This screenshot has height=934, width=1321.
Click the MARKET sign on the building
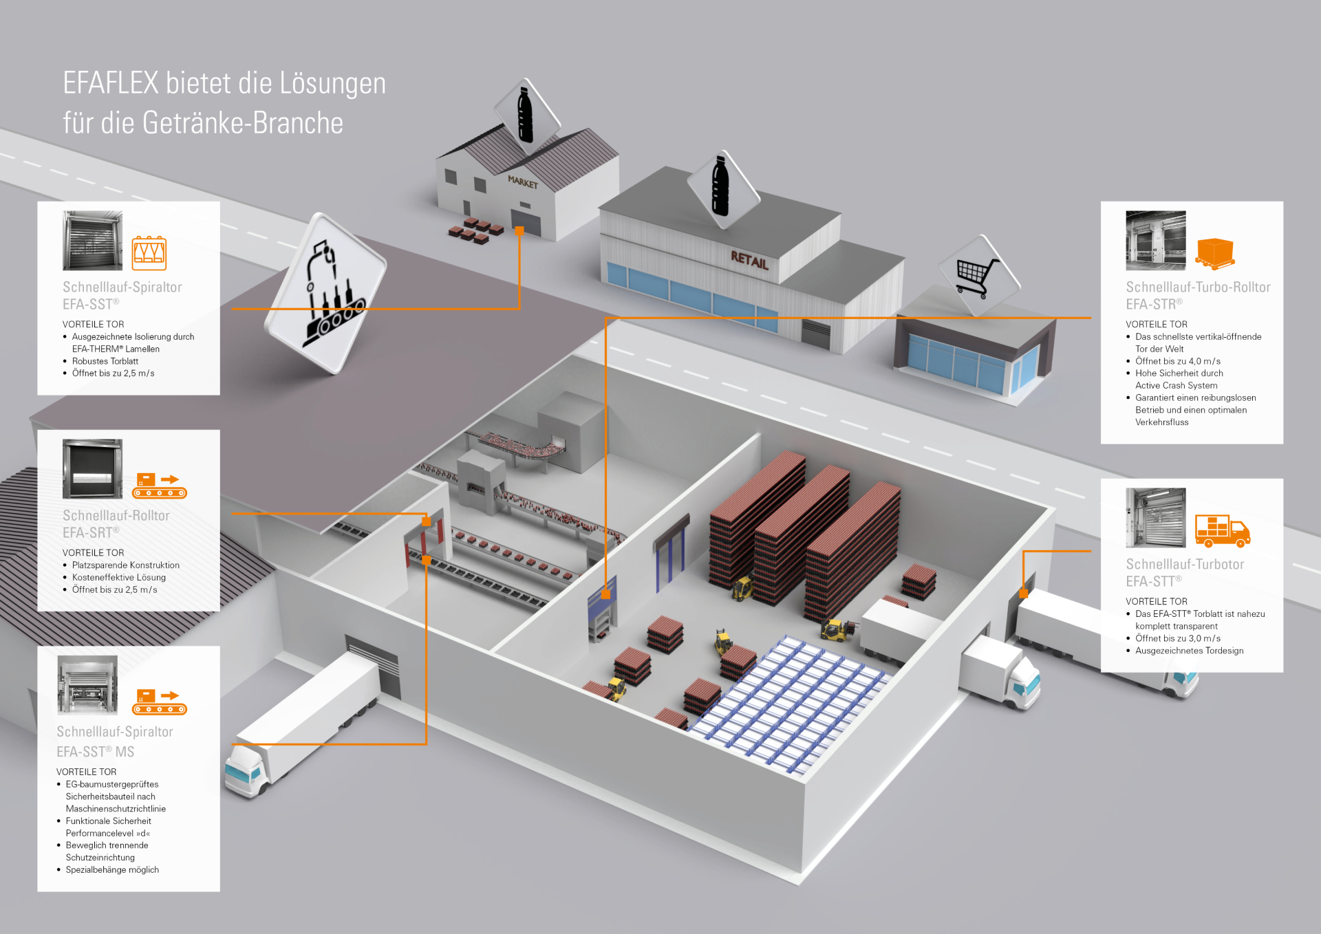[523, 182]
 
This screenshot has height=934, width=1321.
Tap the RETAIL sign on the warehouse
[749, 260]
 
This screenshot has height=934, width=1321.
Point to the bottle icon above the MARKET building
[526, 115]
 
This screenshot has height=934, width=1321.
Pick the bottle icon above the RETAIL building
[720, 186]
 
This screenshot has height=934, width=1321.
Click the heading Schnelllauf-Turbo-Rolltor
[1198, 287]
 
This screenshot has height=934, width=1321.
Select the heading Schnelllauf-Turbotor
[1185, 564]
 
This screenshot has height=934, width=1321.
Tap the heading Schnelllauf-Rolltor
[116, 515]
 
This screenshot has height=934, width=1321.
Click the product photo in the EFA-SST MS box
[87, 685]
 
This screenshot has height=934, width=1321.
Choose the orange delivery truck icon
[1223, 531]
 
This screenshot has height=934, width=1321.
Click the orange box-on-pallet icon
[1215, 254]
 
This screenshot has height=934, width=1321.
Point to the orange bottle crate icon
[149, 253]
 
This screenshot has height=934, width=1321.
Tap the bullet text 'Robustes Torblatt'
[105, 361]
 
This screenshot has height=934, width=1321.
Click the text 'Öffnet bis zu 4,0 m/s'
[1178, 361]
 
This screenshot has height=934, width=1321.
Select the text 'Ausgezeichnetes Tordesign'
[1190, 651]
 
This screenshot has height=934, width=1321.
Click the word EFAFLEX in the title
[111, 83]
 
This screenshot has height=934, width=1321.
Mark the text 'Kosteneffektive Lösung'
[119, 577]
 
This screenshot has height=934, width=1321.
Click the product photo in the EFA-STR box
[1156, 241]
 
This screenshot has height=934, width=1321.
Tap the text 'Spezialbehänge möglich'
[112, 869]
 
